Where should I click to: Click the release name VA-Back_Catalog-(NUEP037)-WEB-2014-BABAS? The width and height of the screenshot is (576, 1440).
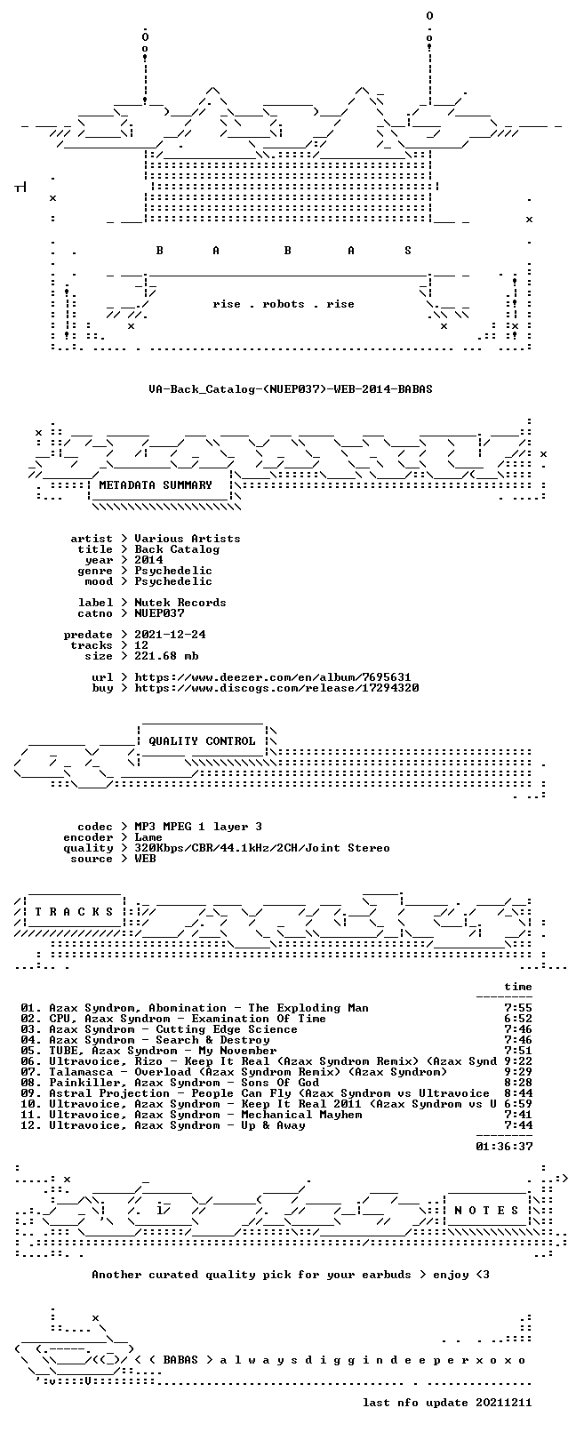290,389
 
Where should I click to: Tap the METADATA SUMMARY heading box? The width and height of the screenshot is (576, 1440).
156,485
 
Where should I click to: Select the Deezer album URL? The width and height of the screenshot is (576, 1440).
273,677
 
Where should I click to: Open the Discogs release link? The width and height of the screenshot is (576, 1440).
276,688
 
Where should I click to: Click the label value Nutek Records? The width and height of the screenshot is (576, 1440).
180,603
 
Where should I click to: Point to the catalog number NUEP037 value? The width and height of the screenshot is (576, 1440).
159,613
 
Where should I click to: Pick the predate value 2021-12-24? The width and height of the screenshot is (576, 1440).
170,635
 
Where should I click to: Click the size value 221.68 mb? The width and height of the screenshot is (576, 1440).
166,656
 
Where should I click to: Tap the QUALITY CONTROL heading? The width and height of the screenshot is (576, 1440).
202,741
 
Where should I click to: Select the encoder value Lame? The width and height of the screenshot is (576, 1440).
148,837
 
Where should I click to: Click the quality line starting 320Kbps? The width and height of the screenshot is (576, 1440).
261,848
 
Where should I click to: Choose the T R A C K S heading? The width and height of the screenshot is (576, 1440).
74,912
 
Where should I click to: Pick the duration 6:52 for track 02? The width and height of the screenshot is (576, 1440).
518,1019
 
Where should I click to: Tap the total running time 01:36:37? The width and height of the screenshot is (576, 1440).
505,1146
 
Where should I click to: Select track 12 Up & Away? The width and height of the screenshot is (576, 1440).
177,1125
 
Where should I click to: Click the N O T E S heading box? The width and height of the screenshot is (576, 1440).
486,1211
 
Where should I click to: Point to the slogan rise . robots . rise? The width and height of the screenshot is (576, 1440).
284,304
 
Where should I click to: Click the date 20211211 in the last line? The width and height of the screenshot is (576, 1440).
504,1402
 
